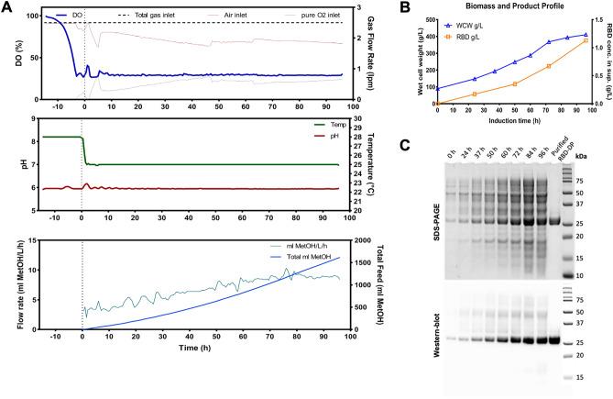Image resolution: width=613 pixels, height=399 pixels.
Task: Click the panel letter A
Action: pyautogui.click(x=6, y=7)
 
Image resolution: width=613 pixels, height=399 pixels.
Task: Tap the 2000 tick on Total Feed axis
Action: pyautogui.click(x=365, y=240)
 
